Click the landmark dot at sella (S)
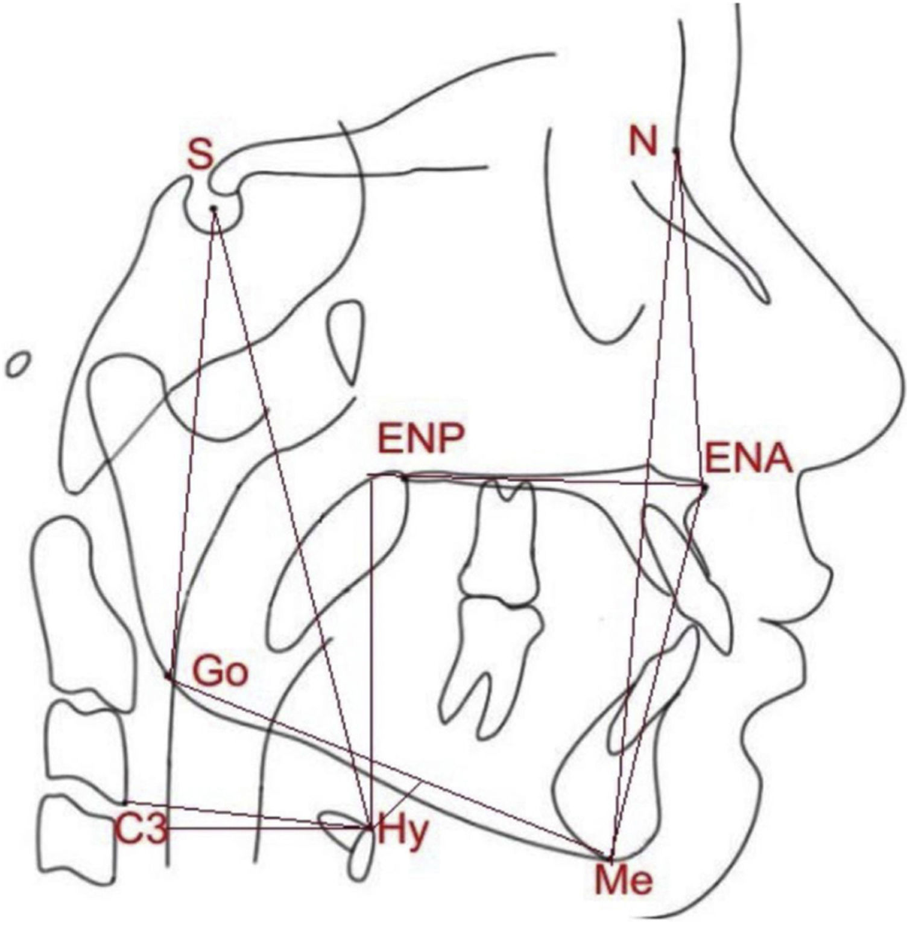coord(213,208)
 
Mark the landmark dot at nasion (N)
coord(676,150)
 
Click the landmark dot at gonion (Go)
coord(168,677)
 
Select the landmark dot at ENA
coord(704,486)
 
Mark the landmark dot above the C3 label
coord(124,803)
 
